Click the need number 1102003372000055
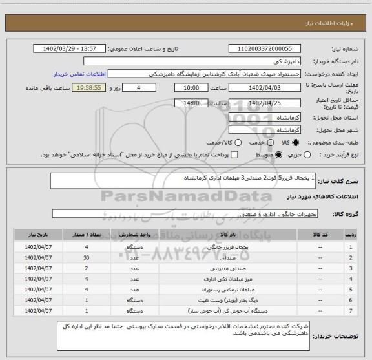click(265, 48)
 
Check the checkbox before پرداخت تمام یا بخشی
click(235, 155)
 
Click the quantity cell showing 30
click(87, 258)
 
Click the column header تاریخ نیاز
click(38, 236)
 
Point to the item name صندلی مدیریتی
click(212, 268)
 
